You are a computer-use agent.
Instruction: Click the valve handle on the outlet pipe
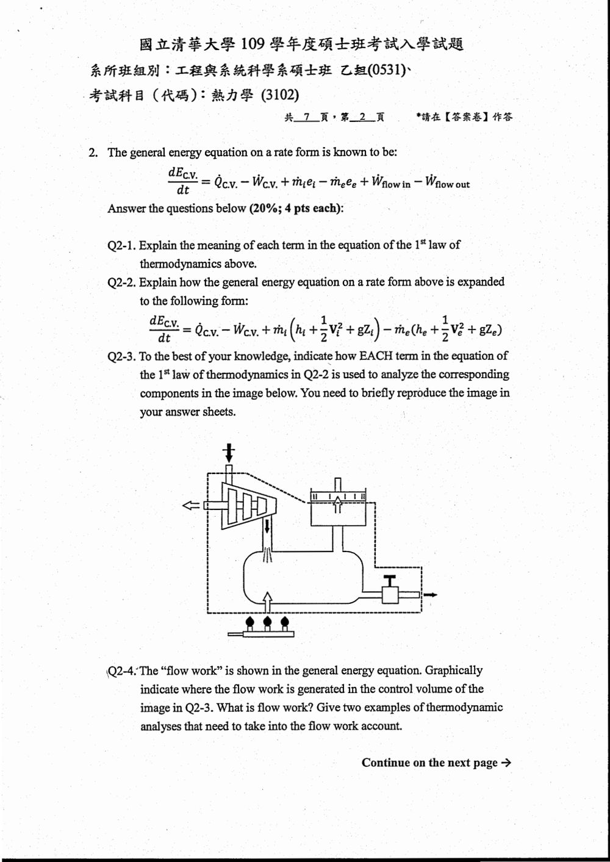pos(392,580)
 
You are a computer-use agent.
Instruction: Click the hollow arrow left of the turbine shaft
pos(192,505)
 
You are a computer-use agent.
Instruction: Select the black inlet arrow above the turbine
pos(229,453)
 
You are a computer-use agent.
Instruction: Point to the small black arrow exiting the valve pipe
pos(430,595)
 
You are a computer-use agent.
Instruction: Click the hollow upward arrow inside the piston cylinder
pos(337,505)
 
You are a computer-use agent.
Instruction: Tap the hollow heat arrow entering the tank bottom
pos(267,602)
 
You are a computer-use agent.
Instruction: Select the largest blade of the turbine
pos(232,506)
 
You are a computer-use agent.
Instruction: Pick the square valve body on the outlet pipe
pos(390,595)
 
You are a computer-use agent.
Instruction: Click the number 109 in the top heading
pos(253,45)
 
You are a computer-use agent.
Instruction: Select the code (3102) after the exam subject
pos(280,95)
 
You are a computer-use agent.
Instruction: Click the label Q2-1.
pos(121,245)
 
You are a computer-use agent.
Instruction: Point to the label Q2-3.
pos(121,356)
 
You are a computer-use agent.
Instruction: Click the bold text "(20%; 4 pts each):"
pos(296,208)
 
